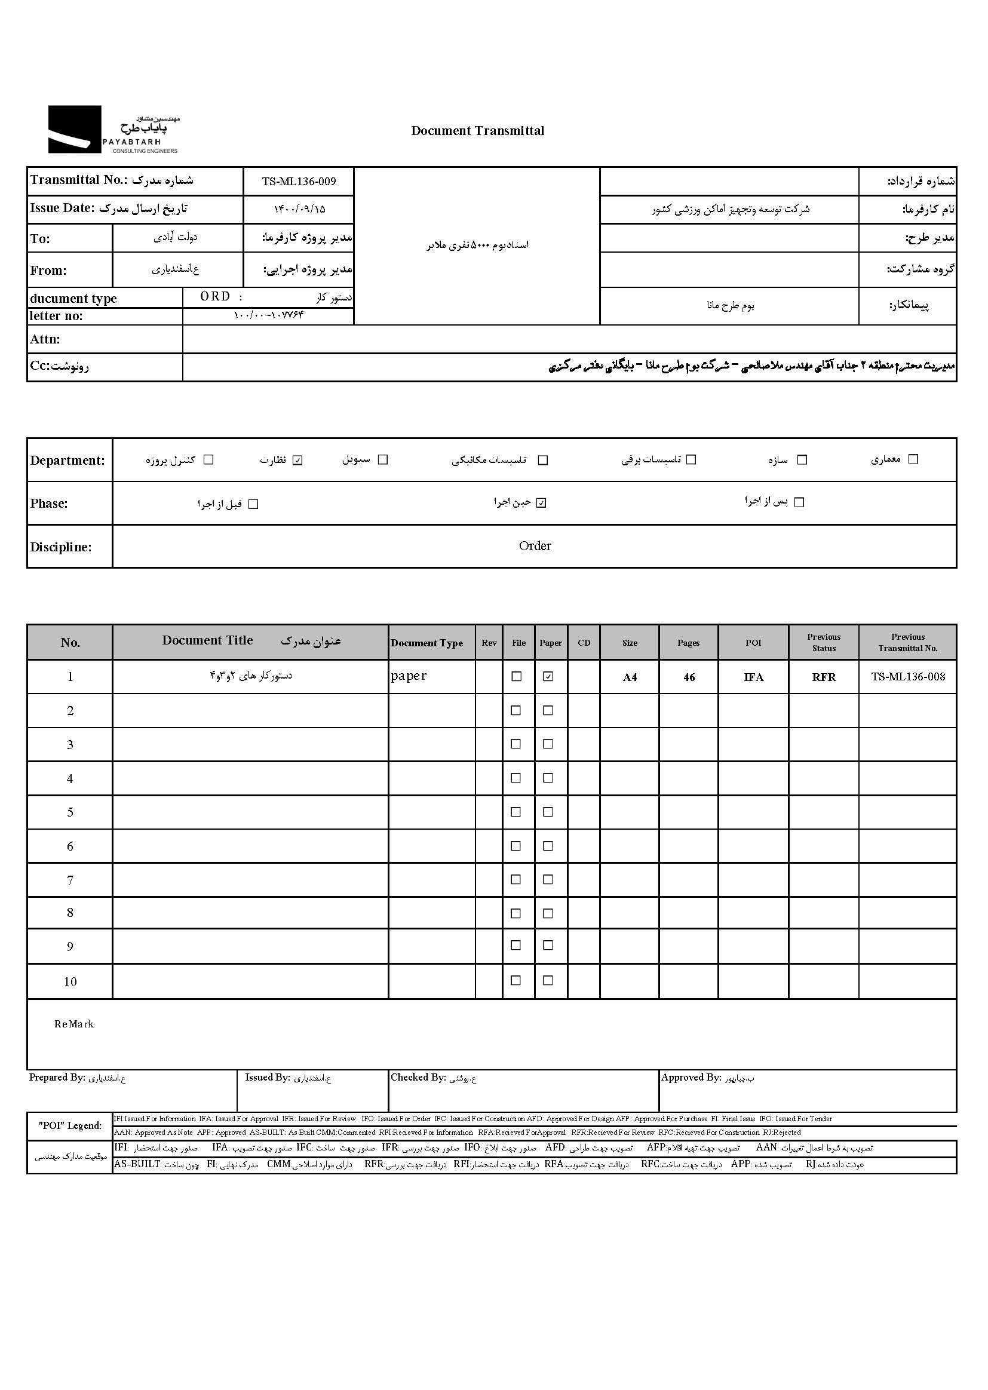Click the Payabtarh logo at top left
coord(113,130)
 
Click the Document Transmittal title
coord(478,131)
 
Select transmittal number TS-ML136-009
coord(299,181)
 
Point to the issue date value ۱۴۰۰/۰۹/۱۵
coord(299,209)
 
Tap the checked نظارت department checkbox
coord(297,460)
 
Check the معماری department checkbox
coord(913,459)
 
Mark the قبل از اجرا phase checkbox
coord(254,504)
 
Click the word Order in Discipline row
coord(535,547)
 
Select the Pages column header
coord(688,643)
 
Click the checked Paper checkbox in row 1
coord(548,676)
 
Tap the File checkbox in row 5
coord(516,812)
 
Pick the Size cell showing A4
coord(630,677)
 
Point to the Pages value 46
coord(689,677)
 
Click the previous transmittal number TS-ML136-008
coord(908,677)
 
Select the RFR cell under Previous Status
coord(824,677)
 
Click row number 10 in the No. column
coord(70,982)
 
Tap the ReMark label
coord(74,1024)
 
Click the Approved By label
coord(691,1078)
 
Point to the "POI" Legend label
coord(70,1125)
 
